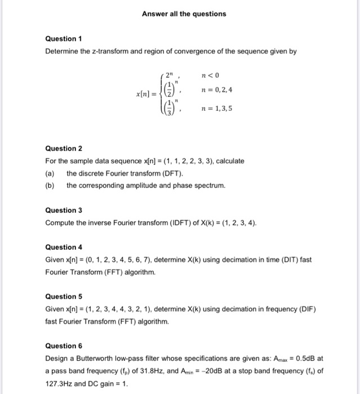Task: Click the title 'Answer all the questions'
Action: pos(183,14)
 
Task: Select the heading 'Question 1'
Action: pos(64,39)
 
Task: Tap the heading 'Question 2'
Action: pos(64,149)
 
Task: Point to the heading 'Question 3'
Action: pos(64,210)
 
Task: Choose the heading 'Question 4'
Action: pos(64,247)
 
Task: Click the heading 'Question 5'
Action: pos(64,296)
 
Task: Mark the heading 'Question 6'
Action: pos(64,346)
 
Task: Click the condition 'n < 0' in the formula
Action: pos(208,74)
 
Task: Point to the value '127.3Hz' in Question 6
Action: pos(58,383)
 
